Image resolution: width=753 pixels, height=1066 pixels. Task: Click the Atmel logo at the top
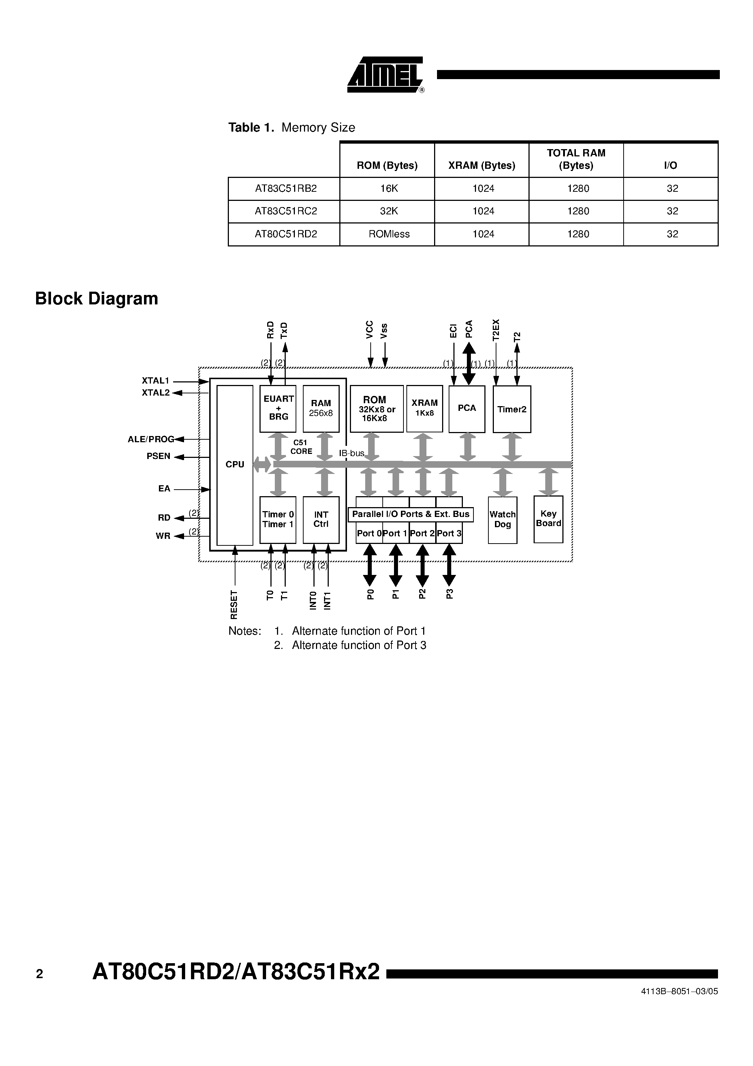(385, 75)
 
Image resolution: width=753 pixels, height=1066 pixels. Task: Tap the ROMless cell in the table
(389, 234)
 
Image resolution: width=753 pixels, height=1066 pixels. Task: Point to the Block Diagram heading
(97, 299)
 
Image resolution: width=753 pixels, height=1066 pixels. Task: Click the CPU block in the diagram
(235, 464)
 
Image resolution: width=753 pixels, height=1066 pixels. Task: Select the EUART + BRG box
(278, 408)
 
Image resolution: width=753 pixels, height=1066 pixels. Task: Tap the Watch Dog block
(502, 520)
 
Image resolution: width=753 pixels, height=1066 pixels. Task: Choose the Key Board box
(548, 519)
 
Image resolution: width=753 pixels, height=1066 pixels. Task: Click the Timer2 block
(512, 409)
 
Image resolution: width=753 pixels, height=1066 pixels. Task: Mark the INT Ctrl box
(321, 520)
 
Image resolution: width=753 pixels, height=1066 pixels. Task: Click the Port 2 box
(422, 533)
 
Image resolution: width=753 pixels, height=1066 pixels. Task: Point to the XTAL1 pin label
(156, 381)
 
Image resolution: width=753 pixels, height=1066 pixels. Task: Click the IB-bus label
(351, 453)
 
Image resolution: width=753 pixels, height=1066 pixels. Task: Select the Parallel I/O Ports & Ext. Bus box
(411, 514)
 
